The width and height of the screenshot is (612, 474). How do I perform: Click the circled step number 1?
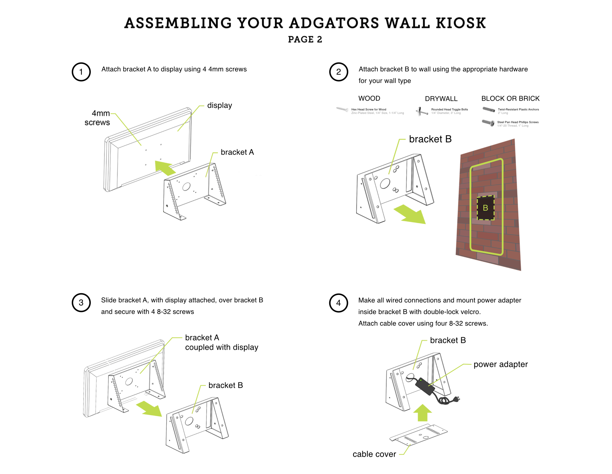point(81,72)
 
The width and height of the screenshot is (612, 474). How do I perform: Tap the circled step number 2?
point(338,72)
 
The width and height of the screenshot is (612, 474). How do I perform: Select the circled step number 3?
point(81,303)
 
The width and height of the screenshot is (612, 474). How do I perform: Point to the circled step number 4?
point(338,303)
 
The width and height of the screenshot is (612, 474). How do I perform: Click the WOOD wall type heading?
point(369,99)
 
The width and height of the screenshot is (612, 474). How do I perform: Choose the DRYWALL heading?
point(441,99)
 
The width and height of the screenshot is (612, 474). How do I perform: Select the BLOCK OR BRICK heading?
point(510,99)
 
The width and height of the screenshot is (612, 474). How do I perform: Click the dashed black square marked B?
point(486,208)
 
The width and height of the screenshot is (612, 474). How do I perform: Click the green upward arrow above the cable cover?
point(422,413)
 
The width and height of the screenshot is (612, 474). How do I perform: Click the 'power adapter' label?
point(500,364)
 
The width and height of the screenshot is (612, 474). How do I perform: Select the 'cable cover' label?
point(374,454)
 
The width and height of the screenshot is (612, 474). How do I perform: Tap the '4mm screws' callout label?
point(97,118)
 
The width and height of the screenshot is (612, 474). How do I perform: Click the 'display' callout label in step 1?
point(219,105)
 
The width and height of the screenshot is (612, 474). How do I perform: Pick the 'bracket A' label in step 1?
point(237,152)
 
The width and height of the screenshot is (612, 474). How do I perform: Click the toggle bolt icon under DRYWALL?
point(422,111)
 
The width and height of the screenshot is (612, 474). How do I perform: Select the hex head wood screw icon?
point(342,109)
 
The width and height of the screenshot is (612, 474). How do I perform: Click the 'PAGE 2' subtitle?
point(305,40)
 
